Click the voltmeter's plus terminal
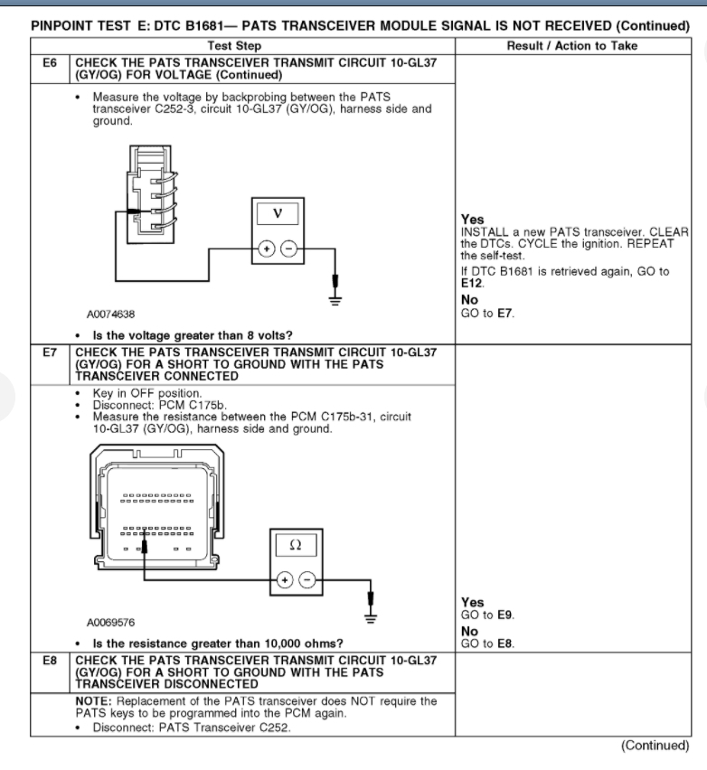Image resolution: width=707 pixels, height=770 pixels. (266, 250)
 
